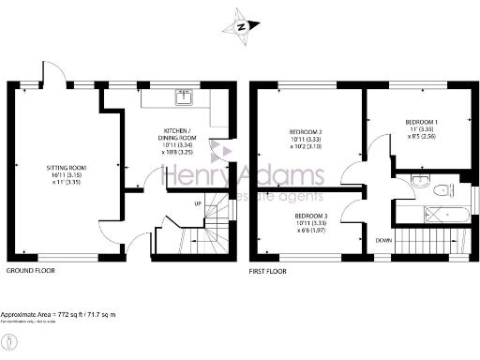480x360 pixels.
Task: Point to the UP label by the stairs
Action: click(x=197, y=203)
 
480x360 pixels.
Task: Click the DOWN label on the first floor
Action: click(x=382, y=240)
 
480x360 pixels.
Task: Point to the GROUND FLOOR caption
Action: click(x=31, y=270)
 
